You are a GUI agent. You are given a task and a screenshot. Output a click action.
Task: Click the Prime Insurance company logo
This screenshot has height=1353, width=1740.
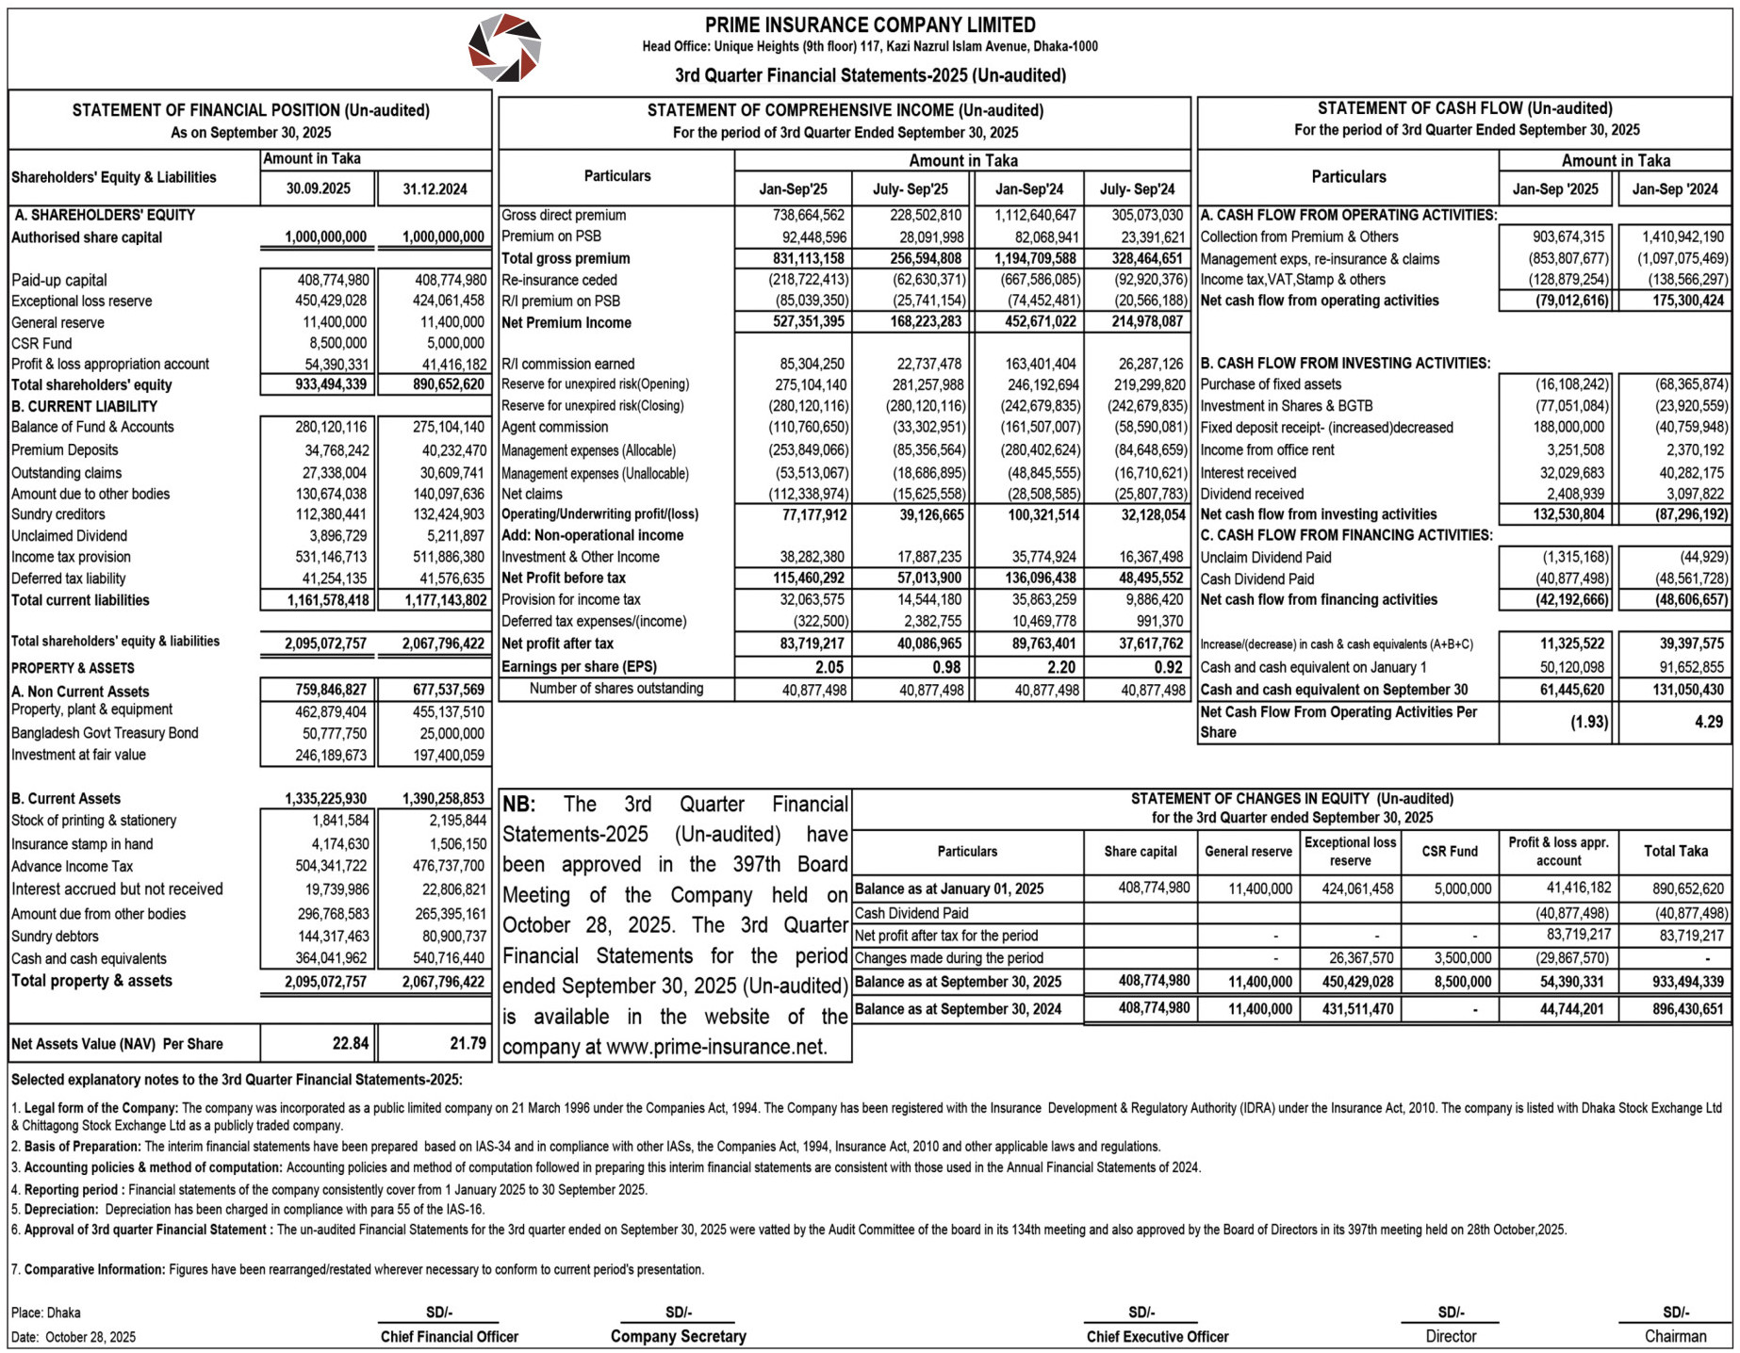pos(504,48)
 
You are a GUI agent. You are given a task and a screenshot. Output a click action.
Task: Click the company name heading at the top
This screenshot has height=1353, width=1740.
pos(869,25)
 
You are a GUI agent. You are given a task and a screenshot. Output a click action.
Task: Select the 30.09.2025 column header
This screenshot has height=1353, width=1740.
pos(318,188)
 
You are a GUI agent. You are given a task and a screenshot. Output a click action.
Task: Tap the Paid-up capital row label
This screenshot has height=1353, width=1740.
pos(59,280)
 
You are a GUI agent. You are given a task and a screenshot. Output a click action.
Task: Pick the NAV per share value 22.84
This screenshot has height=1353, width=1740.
pos(350,1043)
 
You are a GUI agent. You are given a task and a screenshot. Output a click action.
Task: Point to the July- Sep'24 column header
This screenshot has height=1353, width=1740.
pos(1137,188)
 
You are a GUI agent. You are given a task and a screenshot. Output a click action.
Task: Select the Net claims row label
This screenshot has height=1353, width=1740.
pos(532,494)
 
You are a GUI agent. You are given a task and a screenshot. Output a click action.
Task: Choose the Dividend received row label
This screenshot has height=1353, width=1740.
pos(1252,494)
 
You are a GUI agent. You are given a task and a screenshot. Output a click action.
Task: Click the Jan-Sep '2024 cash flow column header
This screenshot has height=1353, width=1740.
pos(1675,188)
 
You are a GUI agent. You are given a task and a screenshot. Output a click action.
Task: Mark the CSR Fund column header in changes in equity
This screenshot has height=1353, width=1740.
pos(1450,851)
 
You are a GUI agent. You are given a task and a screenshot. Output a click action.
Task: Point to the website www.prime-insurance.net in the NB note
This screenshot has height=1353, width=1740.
pos(715,1047)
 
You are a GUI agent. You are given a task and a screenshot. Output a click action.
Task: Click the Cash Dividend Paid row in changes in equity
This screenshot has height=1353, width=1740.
pos(911,913)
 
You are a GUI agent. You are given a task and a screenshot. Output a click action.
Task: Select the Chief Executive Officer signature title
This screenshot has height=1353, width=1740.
pos(1157,1336)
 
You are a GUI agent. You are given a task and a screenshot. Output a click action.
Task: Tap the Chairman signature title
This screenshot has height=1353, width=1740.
pos(1675,1336)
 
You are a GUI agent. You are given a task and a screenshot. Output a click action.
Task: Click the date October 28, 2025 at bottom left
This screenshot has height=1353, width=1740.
pos(90,1337)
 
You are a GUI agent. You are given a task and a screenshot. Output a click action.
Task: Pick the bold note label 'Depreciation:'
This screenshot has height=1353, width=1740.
pos(60,1209)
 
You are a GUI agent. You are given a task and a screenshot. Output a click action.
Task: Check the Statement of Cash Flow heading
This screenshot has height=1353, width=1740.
pos(1465,108)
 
